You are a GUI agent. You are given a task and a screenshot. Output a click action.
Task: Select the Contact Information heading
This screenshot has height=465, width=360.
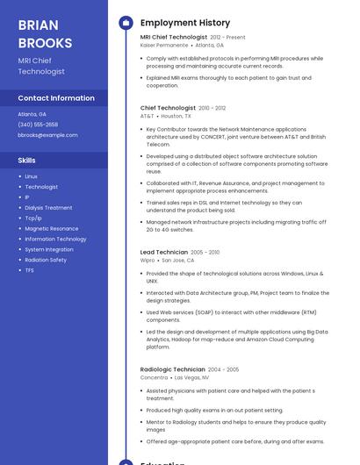coord(56,98)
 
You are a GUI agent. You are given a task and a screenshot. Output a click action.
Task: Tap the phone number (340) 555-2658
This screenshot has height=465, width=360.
coord(38,125)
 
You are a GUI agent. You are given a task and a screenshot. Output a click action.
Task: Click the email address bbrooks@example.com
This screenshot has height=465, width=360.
coord(47,135)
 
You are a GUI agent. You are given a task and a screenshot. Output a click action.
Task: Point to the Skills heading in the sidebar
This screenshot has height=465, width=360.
coord(27,161)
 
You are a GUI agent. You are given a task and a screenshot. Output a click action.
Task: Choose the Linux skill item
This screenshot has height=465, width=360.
coord(32,176)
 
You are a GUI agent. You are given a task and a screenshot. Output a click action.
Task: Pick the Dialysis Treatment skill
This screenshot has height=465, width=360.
coord(48,208)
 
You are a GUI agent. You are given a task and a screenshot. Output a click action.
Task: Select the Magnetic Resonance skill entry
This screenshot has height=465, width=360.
coord(51,229)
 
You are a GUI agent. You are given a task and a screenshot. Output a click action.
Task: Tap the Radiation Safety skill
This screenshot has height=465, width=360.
coord(46,260)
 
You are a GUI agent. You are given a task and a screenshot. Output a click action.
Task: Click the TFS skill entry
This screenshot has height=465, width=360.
coord(30,270)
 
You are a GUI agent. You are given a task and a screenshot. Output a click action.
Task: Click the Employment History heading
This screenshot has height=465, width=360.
coord(184,23)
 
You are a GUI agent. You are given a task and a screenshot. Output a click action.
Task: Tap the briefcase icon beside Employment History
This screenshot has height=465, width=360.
coord(126,23)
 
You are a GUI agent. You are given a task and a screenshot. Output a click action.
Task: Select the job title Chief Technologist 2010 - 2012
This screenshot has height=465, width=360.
coord(168,108)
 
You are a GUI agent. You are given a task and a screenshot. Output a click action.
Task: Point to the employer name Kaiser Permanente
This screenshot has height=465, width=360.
coord(164,45)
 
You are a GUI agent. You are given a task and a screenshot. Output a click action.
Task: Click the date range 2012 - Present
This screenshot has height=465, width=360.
coord(228,38)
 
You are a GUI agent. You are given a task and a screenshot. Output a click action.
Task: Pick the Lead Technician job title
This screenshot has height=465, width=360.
coord(164,253)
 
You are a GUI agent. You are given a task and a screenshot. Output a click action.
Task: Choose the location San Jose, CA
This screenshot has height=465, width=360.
coord(178,260)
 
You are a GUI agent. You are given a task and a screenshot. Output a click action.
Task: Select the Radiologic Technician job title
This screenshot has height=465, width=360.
coord(173,369)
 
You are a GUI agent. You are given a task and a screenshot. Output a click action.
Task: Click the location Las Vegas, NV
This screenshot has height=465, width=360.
coord(192,377)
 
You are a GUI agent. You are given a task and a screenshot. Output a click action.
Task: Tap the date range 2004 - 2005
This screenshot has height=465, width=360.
coord(223,369)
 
